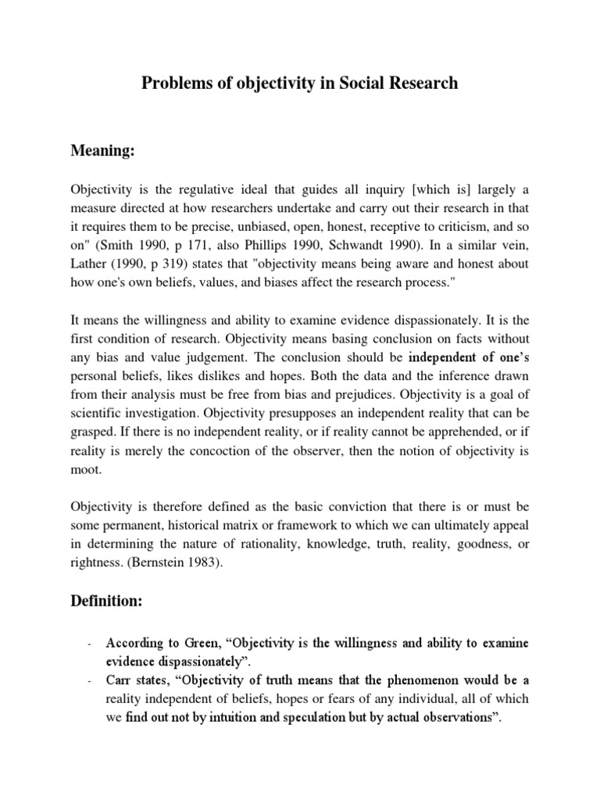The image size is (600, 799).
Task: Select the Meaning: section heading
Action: (x=103, y=151)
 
